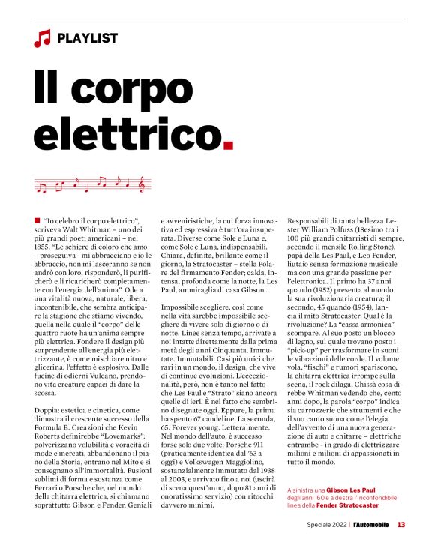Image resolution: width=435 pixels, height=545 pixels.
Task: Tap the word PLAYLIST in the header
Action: (x=87, y=38)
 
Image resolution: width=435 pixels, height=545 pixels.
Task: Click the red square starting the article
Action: (x=37, y=218)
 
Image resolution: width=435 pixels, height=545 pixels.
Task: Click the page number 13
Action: (x=401, y=524)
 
